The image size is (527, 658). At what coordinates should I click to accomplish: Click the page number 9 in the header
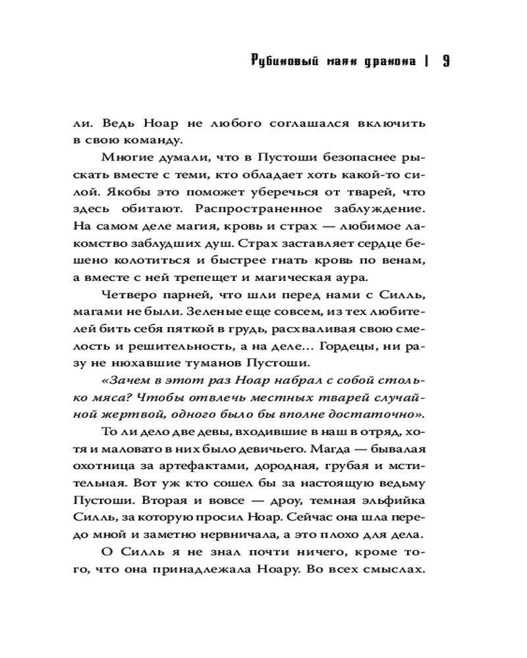coord(445,63)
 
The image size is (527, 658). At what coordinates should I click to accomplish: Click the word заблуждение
coord(387,208)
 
